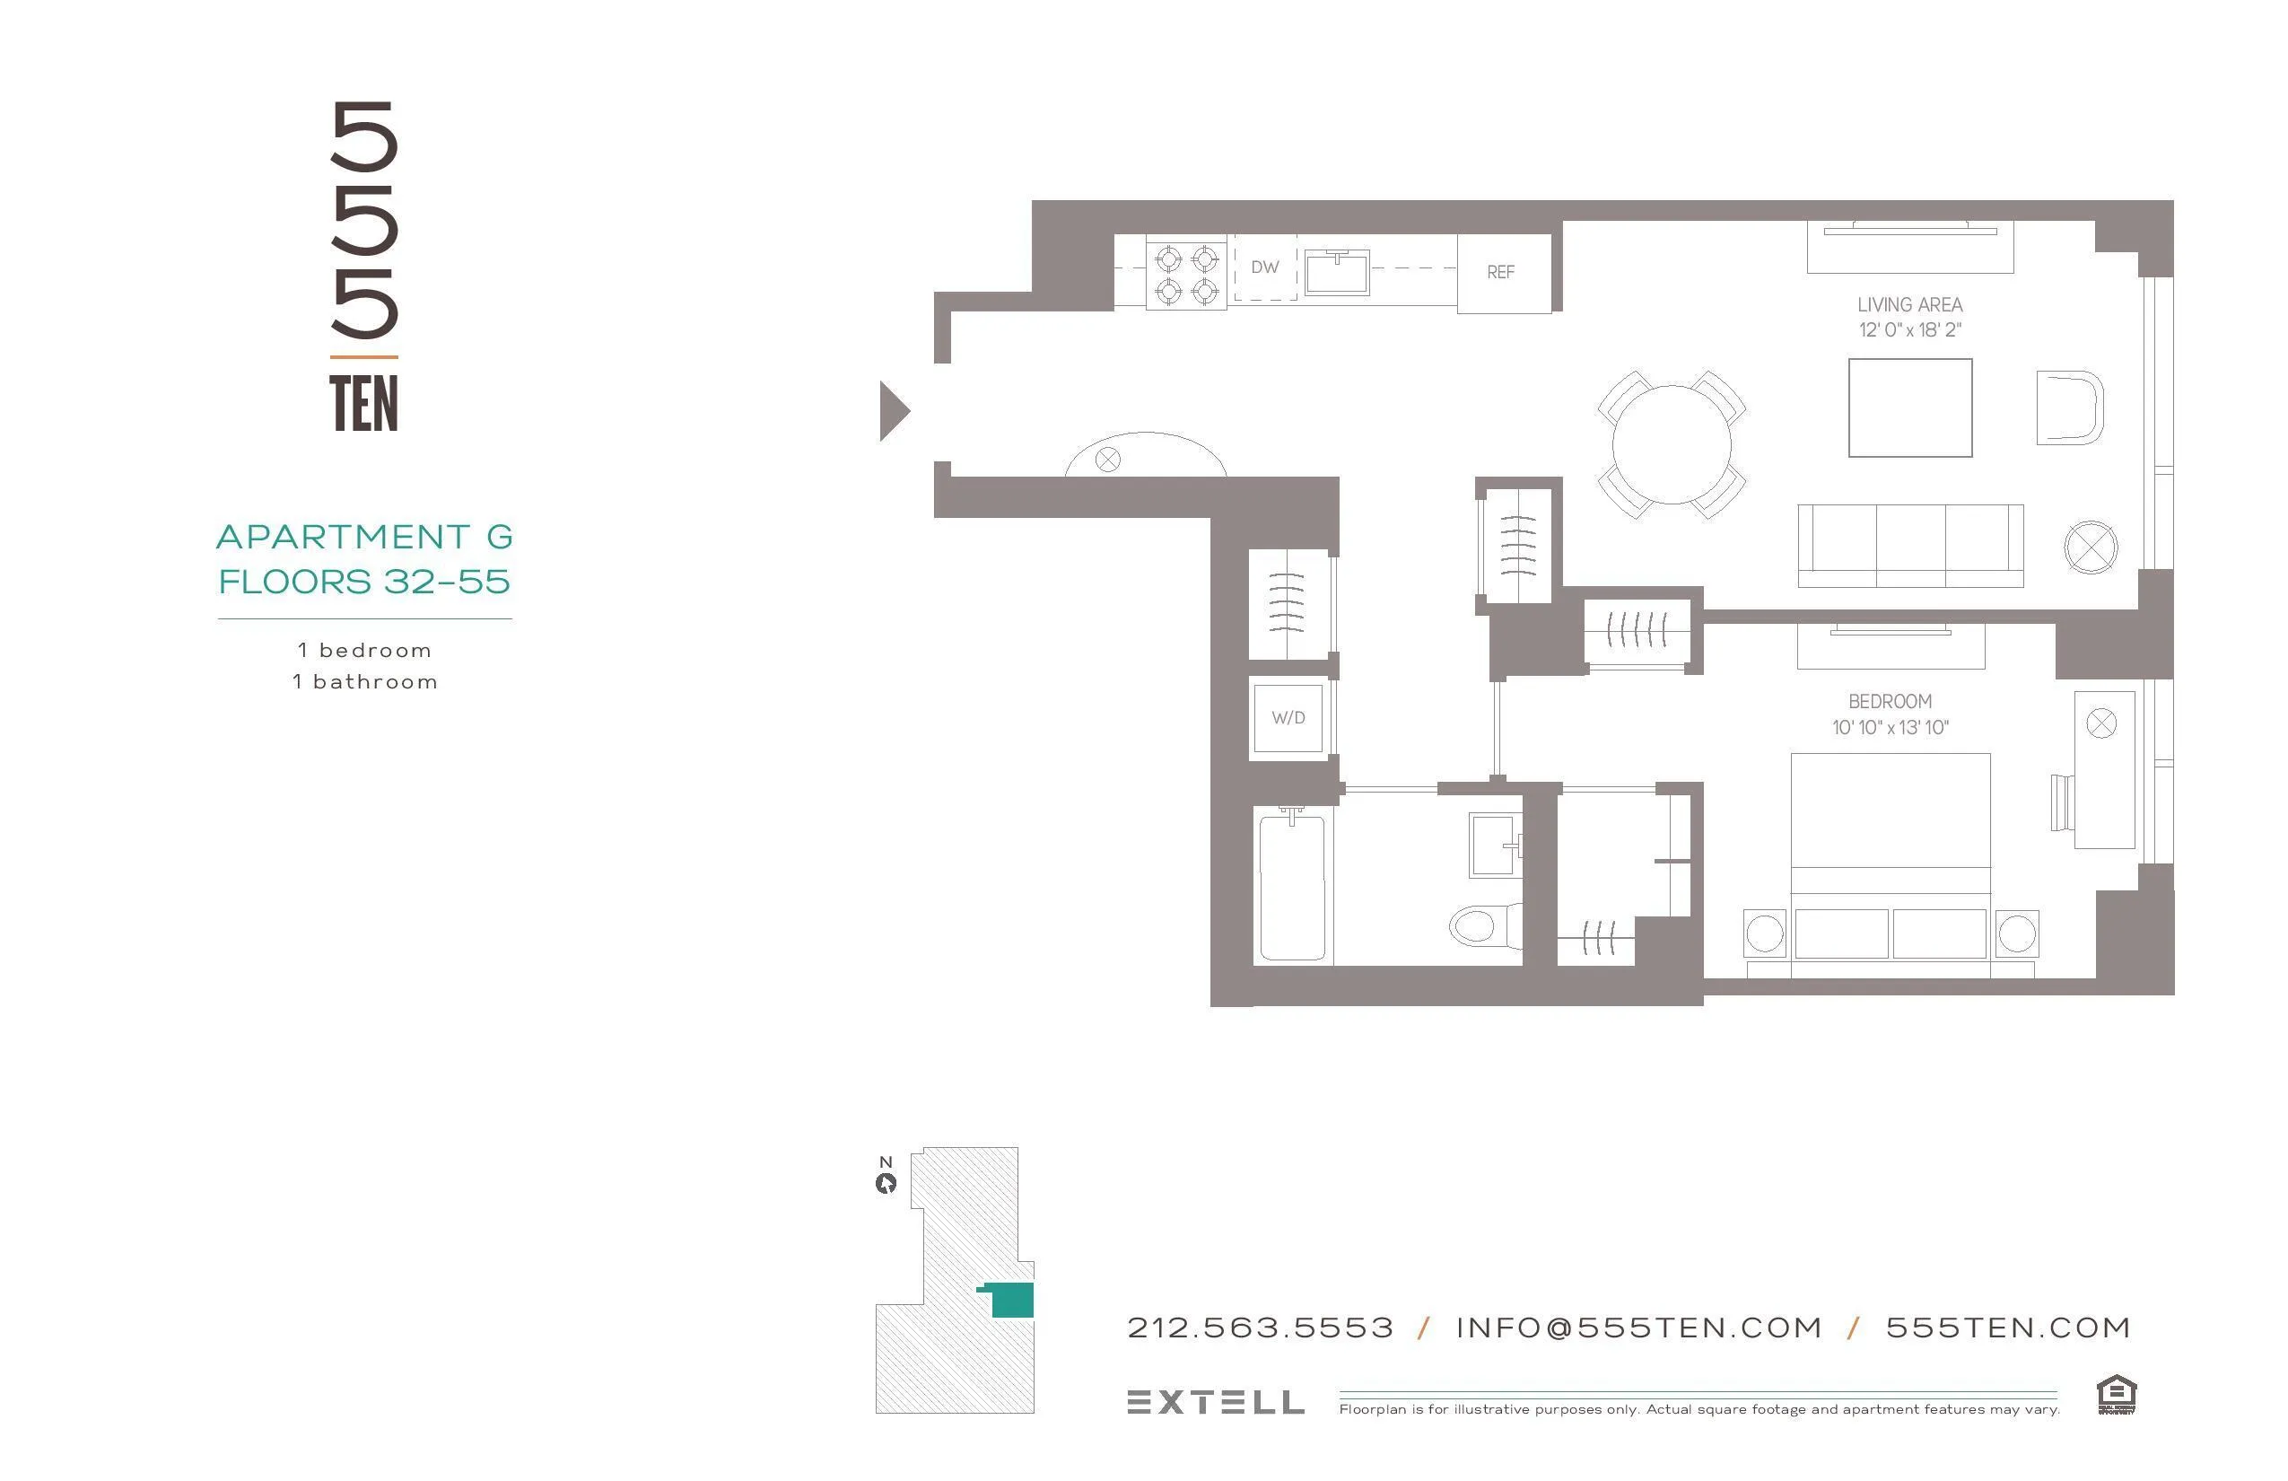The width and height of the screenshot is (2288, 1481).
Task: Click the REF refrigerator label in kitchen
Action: (x=1499, y=272)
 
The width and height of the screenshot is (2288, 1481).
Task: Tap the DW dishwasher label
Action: (x=1264, y=267)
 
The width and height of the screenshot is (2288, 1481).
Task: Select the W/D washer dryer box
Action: (x=1288, y=717)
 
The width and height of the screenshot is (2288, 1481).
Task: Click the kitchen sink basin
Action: (x=1336, y=272)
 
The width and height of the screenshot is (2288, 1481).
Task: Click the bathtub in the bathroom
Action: (x=1292, y=887)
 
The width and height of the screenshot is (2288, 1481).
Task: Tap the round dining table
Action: (x=1671, y=444)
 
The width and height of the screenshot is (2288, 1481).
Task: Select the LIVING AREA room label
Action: (x=1909, y=305)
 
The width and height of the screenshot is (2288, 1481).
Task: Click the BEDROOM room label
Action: (x=1889, y=702)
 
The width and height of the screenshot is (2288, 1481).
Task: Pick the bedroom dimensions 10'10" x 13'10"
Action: (x=1889, y=728)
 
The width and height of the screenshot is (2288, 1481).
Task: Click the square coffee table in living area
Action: (x=1909, y=407)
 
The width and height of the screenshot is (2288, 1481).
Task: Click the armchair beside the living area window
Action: (x=2069, y=407)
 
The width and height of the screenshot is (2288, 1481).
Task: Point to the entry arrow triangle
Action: (x=893, y=412)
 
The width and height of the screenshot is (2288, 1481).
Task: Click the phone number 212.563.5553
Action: (x=1260, y=1328)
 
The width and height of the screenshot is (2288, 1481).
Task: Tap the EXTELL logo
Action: (x=1215, y=1402)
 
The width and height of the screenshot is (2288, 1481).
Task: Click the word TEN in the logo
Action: (x=363, y=404)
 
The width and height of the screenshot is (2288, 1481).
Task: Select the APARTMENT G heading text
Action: (x=364, y=537)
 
